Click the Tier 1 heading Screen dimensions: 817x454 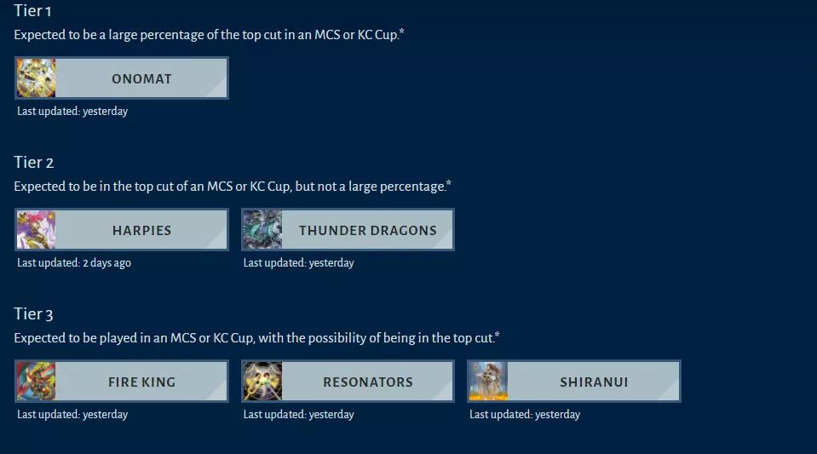point(32,10)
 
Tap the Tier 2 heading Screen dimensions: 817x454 point(34,162)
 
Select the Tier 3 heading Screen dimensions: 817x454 point(33,313)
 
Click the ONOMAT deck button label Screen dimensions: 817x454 point(141,78)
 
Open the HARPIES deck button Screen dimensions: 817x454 point(122,230)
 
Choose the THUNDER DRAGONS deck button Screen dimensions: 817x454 point(348,230)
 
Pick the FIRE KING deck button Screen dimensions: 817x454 point(122,382)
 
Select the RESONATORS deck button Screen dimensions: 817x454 point(348,382)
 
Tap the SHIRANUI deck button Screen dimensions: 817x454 point(574,382)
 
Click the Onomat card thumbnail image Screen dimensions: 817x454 point(36,78)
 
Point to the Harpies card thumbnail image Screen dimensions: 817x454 point(36,230)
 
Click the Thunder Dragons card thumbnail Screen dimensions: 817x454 point(262,230)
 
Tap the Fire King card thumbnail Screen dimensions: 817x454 point(36,382)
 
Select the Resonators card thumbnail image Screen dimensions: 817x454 point(262,382)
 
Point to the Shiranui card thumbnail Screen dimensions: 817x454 point(489,382)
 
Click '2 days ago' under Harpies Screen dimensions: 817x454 point(106,262)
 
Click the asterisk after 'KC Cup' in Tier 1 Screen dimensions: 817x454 point(401,32)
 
